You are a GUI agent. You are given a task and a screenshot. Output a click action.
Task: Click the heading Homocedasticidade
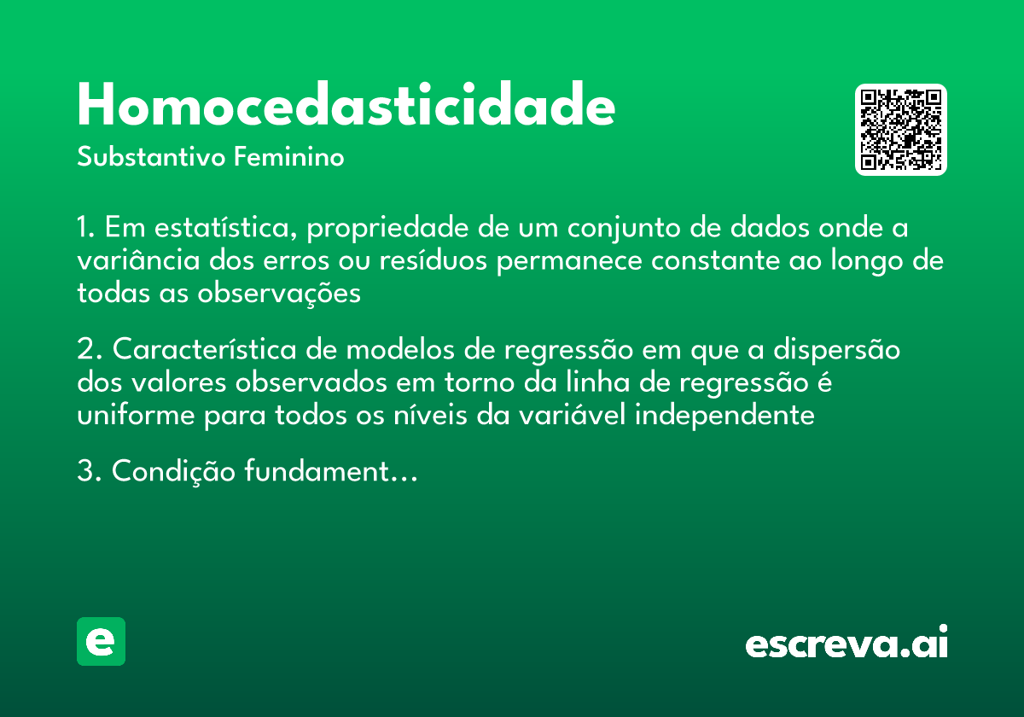pyautogui.click(x=346, y=106)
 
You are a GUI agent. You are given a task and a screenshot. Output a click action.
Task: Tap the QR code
pyautogui.click(x=901, y=130)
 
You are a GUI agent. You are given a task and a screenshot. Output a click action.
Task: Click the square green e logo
pyautogui.click(x=101, y=642)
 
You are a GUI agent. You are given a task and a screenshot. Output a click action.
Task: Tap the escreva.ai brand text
pyautogui.click(x=847, y=644)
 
